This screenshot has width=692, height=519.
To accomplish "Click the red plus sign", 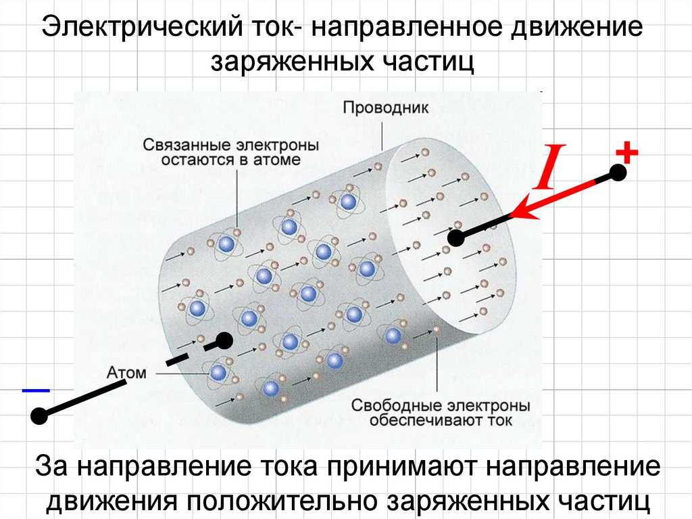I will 627,153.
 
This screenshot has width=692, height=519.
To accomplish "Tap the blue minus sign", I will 35,390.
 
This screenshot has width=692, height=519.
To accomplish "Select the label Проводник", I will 385,107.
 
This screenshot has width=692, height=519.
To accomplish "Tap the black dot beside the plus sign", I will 618,173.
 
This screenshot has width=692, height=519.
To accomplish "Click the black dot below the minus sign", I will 39,416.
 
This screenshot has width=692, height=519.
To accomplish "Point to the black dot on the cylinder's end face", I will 456,237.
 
